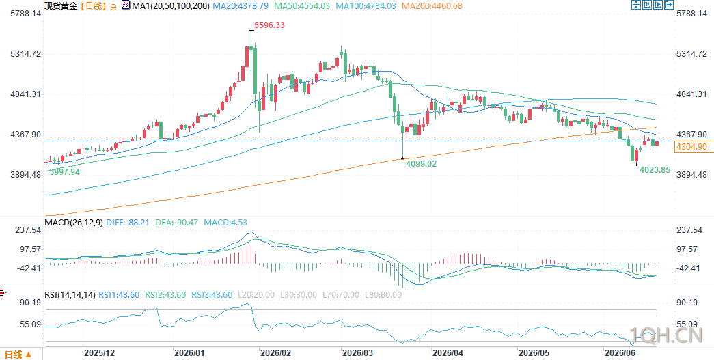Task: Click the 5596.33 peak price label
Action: pos(270,25)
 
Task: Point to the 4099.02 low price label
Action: pos(421,163)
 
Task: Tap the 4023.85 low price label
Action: pos(655,170)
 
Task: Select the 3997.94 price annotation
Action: pos(65,171)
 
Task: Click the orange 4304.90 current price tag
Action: pos(691,147)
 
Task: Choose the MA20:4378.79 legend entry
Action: pos(239,6)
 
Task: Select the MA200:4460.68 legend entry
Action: pos(431,6)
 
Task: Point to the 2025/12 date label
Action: pos(100,352)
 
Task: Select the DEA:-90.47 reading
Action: pos(172,222)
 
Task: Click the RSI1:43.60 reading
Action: pos(119,295)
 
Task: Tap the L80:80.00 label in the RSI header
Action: pos(383,295)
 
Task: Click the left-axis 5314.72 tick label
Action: pos(25,54)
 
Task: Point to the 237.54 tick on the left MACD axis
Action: pos(28,230)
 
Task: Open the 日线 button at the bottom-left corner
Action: pos(18,354)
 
